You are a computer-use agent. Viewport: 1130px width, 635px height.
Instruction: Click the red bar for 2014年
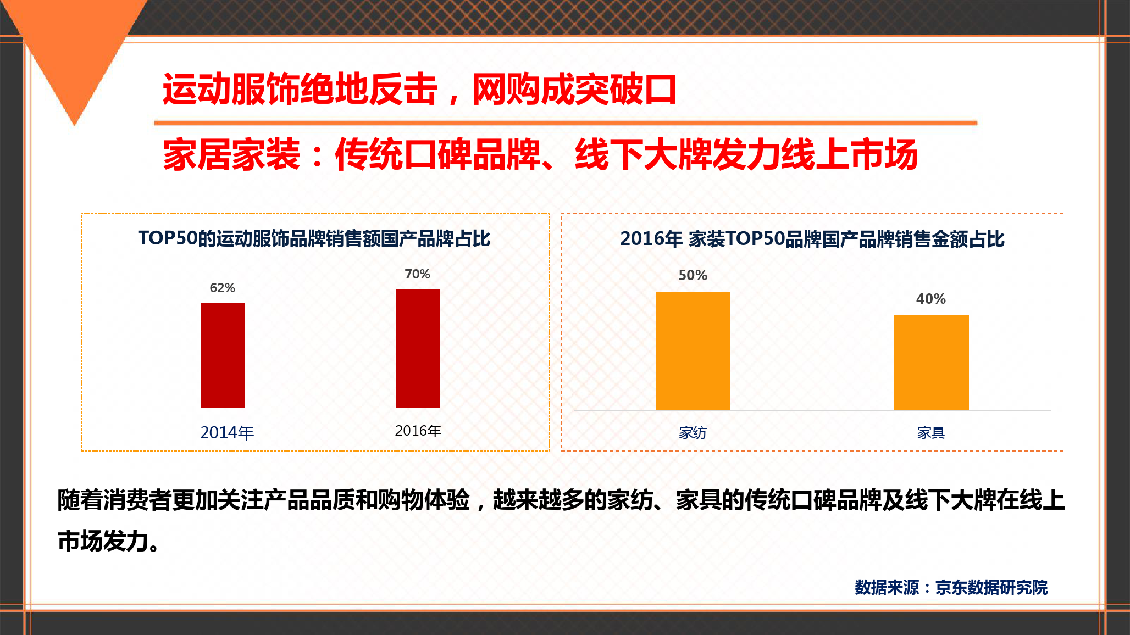223,355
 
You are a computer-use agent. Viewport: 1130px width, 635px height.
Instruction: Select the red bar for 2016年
418,348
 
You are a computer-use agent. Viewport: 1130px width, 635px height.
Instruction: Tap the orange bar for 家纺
693,350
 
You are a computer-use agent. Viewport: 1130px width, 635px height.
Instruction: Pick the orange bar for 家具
932,363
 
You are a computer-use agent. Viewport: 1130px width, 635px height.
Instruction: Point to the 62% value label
223,288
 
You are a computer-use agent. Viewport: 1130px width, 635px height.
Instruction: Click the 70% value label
418,274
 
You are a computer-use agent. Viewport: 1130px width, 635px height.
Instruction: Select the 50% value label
693,275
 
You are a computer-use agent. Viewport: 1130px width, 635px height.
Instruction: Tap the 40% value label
931,299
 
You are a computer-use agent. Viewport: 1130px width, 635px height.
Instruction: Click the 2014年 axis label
227,433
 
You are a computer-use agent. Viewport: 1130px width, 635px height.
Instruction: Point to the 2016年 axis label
418,431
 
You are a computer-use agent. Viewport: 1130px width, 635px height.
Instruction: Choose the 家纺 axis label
693,433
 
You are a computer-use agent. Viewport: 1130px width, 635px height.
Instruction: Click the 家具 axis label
931,433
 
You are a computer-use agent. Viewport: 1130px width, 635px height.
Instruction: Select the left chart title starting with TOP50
314,238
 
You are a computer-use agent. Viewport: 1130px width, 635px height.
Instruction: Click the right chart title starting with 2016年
812,239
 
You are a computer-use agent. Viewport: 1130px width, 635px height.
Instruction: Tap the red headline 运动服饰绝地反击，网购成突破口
419,89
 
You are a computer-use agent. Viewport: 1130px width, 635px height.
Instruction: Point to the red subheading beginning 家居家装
540,154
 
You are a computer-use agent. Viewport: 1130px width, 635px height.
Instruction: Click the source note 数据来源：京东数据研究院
951,587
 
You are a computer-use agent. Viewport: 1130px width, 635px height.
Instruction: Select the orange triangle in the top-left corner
74,47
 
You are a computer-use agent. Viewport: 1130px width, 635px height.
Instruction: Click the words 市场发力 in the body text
103,541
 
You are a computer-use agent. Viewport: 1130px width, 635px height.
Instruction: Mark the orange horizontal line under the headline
566,123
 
